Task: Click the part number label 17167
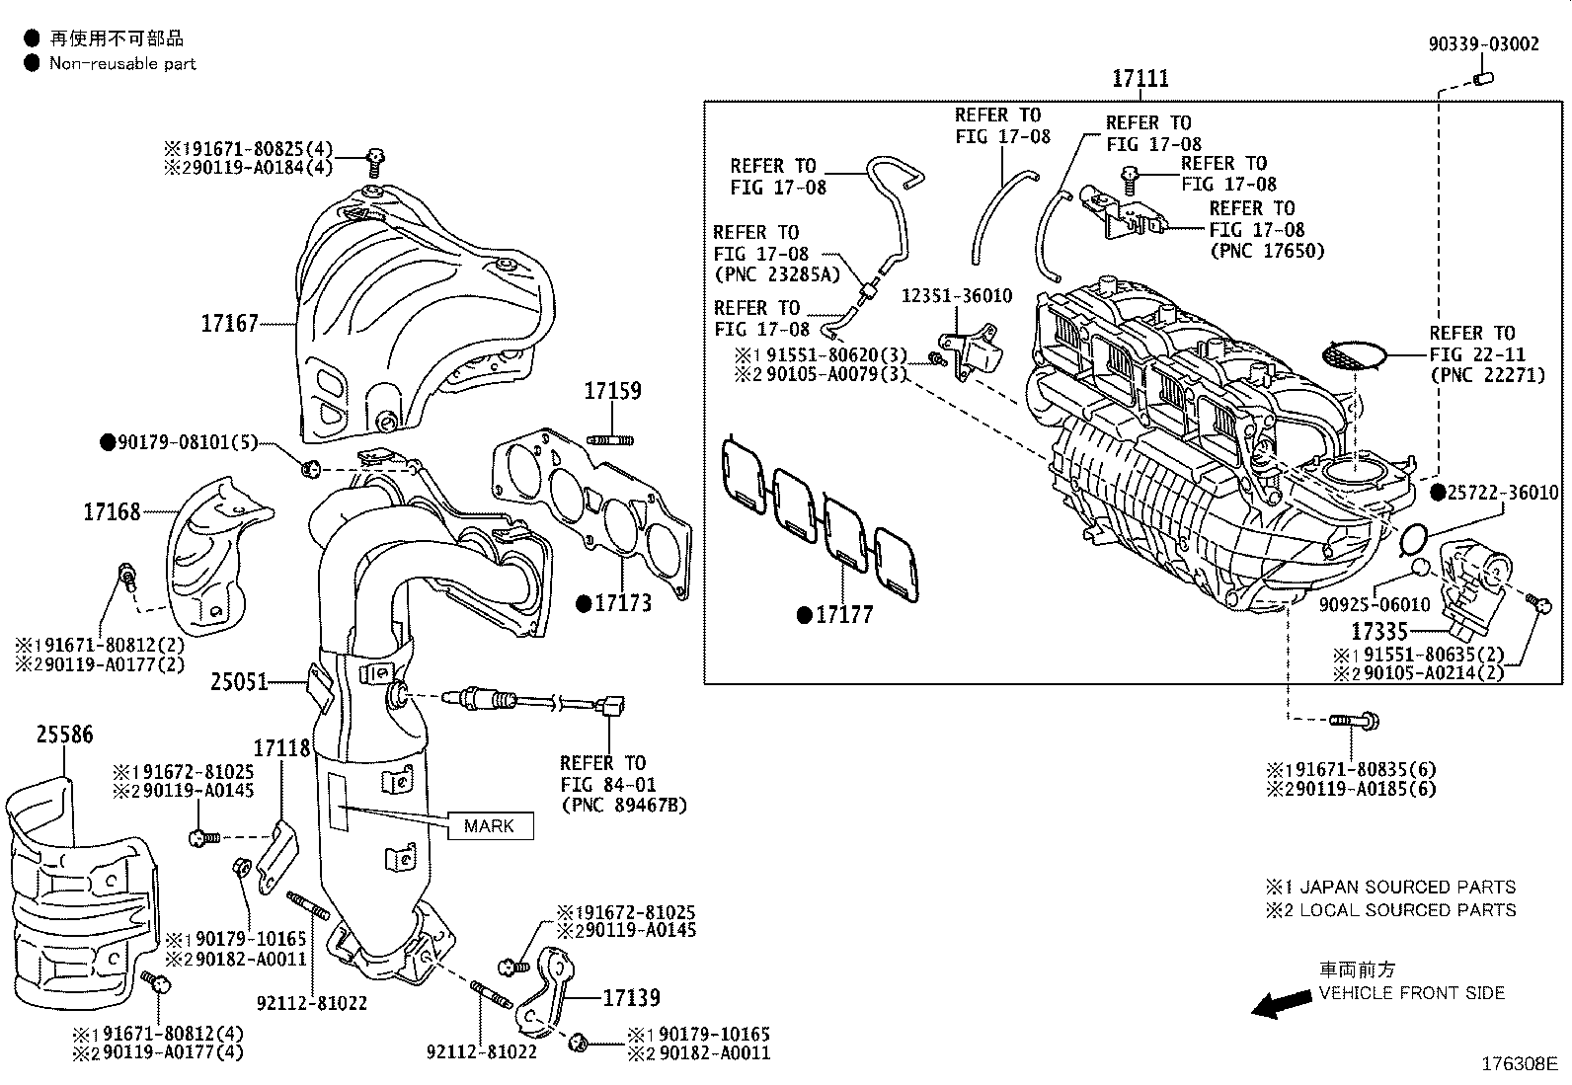tap(229, 323)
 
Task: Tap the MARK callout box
tap(490, 825)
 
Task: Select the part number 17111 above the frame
tap(1140, 78)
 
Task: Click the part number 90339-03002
tap(1483, 44)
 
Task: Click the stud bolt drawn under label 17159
tap(611, 439)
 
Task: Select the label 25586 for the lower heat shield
tap(65, 735)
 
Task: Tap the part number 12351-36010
tap(956, 296)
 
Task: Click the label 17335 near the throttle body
tap(1379, 630)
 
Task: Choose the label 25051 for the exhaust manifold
tap(239, 681)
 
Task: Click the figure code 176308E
tap(1519, 1064)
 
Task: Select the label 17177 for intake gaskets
tap(843, 615)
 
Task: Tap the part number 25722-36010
tap(1503, 492)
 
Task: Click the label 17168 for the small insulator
tap(111, 511)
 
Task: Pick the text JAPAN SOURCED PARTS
tap(1406, 887)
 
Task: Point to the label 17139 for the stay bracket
tap(631, 998)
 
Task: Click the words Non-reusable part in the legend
tap(122, 64)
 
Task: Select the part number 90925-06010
tap(1374, 604)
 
